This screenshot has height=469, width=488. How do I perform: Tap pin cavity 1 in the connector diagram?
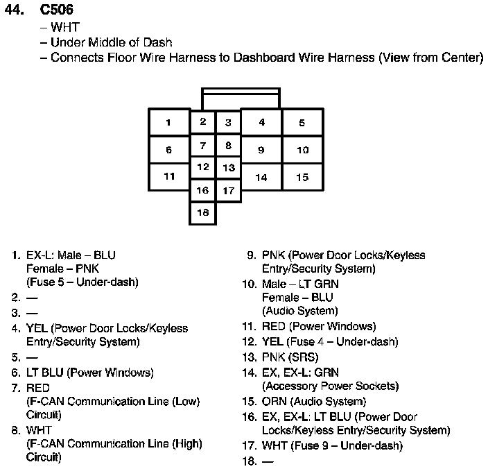point(168,123)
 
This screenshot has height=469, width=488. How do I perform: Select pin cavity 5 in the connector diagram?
point(302,123)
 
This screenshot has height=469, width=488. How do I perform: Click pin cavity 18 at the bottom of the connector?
point(202,213)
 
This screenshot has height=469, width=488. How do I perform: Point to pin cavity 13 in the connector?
point(228,168)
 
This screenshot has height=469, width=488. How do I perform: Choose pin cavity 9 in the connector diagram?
point(261,150)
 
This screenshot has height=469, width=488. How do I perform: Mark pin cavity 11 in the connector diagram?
point(169,176)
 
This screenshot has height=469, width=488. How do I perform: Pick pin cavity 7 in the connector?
point(202,146)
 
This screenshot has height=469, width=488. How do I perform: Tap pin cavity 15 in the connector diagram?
point(302,177)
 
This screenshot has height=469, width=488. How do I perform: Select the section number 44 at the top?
point(15,11)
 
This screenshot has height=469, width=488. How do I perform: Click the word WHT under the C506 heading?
point(66,28)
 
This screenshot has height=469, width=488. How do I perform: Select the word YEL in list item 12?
point(272,341)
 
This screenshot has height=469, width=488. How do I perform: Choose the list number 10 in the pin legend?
point(249,284)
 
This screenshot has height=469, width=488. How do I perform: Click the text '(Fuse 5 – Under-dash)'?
point(82,282)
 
